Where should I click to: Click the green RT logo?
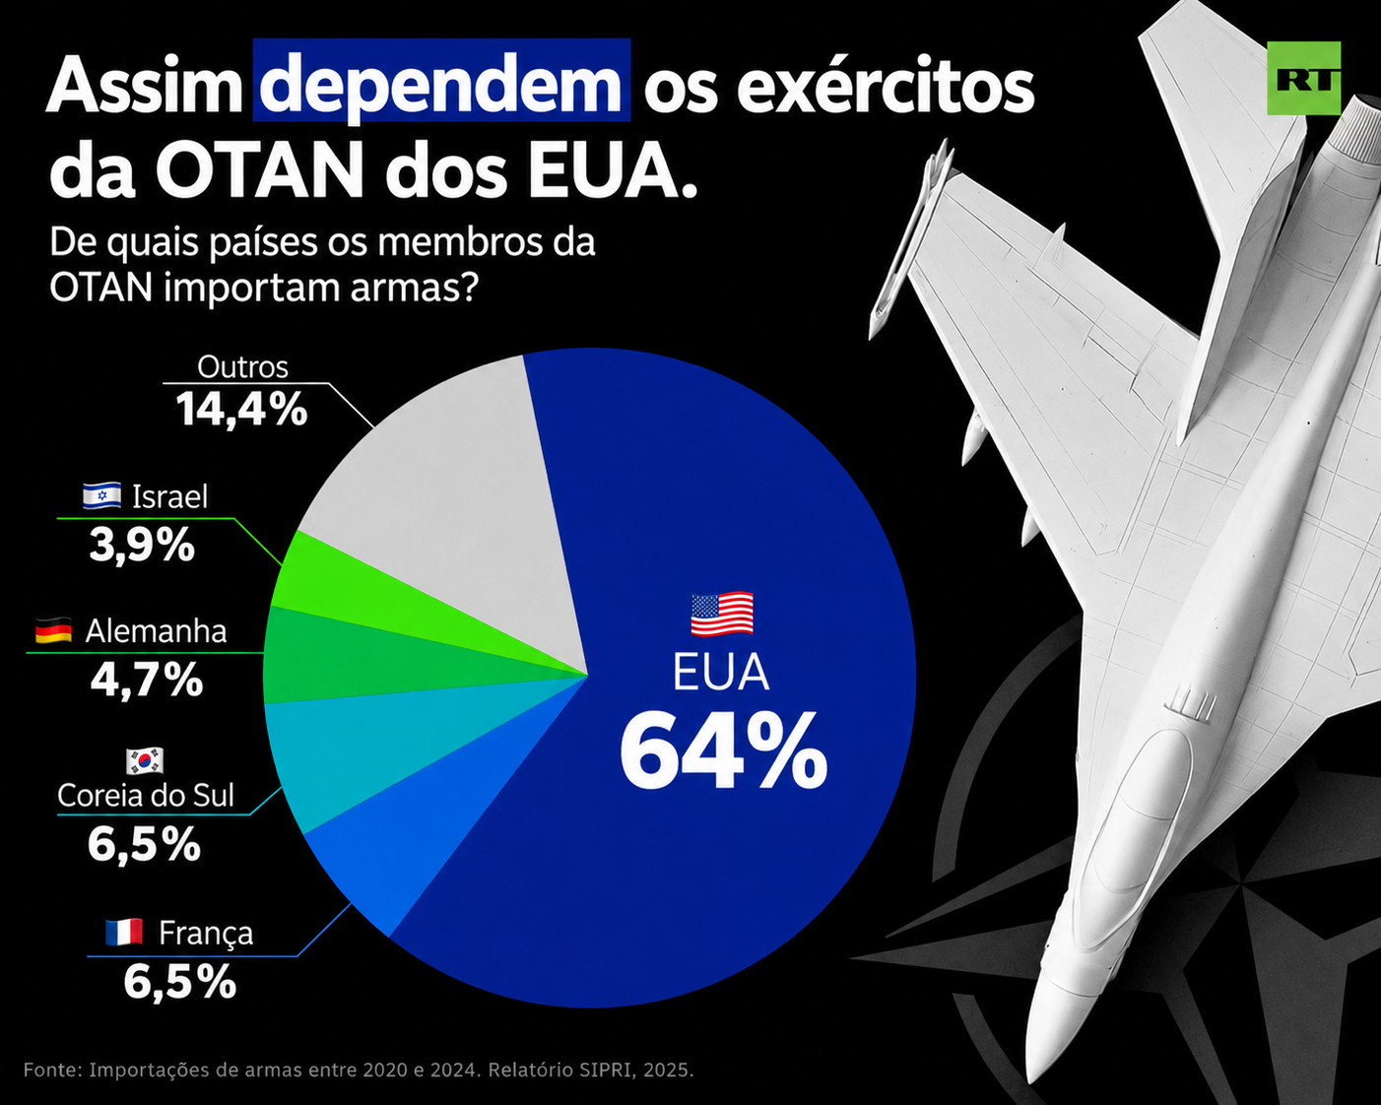pyautogui.click(x=1304, y=78)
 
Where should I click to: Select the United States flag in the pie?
pyautogui.click(x=722, y=614)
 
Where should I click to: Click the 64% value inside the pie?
pyautogui.click(x=723, y=750)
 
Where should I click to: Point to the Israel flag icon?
pyautogui.click(x=102, y=495)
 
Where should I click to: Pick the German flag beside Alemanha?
pyautogui.click(x=53, y=630)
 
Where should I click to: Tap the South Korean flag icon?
pyautogui.click(x=145, y=761)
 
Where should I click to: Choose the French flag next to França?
pyautogui.click(x=124, y=933)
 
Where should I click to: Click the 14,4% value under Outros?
pyautogui.click(x=242, y=409)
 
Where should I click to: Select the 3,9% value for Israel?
pyautogui.click(x=142, y=546)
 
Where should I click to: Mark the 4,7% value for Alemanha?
pyautogui.click(x=147, y=680)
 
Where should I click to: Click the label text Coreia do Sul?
pyautogui.click(x=146, y=796)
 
